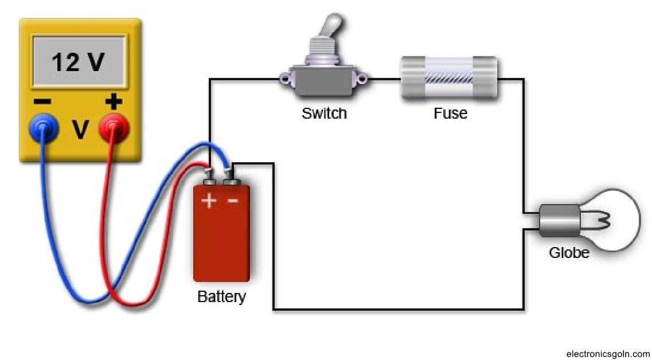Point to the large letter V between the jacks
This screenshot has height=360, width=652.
pos(80,131)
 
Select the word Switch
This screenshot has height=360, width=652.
pos(324,113)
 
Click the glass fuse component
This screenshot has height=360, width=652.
pos(448,80)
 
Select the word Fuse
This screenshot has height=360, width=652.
pos(450,113)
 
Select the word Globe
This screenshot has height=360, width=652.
pos(569,252)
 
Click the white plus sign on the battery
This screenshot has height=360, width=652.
pos(208,201)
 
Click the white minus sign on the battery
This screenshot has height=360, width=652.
pos(233,201)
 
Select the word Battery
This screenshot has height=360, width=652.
pos(221,297)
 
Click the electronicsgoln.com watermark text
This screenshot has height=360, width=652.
pos(607,354)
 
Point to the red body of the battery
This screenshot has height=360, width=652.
pos(221,241)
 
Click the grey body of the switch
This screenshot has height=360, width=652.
pos(325,80)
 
